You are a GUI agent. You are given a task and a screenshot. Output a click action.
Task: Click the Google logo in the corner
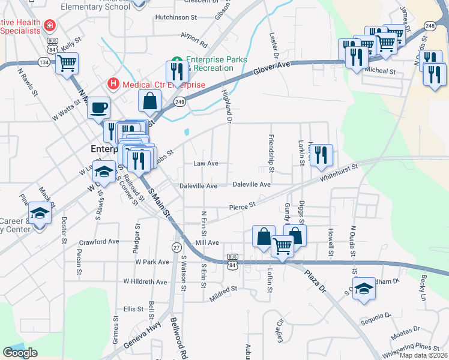[x=20, y=353]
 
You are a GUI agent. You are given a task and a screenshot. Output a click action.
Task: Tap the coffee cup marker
[x=100, y=109]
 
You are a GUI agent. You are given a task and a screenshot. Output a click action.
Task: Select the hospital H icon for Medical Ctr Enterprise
[x=112, y=83]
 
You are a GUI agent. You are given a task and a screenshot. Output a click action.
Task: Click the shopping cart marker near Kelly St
[x=67, y=62]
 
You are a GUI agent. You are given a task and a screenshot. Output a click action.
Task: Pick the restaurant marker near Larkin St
[x=321, y=155]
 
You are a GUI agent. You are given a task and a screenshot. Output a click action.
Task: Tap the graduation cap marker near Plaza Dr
[x=363, y=289]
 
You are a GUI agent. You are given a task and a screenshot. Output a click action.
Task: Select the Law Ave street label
[x=205, y=163]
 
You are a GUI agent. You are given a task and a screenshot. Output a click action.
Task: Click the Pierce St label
[x=243, y=206]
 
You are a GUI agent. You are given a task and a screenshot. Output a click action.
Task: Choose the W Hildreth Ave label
[x=145, y=281]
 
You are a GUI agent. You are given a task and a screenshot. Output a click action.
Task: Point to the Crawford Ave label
[x=99, y=242]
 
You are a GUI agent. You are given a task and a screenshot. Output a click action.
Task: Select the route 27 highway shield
[x=176, y=247]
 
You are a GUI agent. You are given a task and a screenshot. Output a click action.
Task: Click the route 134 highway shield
[x=44, y=62]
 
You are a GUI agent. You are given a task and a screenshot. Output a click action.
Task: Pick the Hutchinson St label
[x=175, y=18]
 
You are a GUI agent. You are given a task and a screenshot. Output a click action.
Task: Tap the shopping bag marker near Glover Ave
[x=149, y=101]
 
